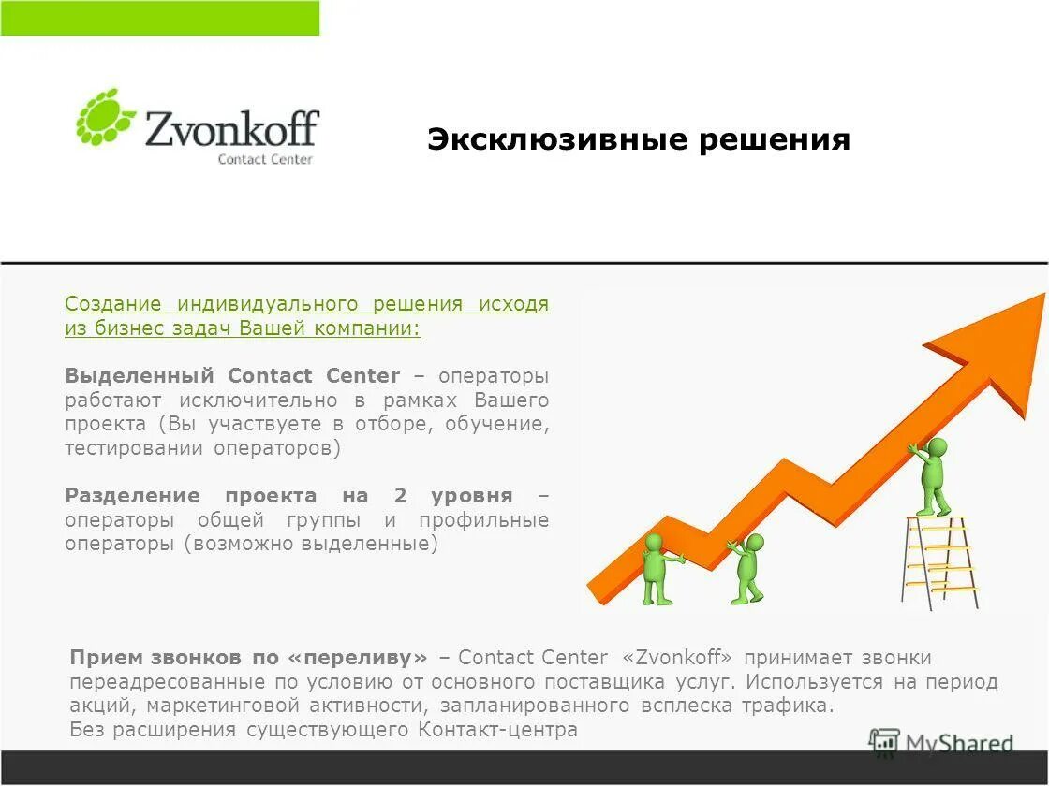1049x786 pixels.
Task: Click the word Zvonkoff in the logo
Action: click(x=231, y=128)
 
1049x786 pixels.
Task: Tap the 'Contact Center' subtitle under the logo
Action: click(x=265, y=159)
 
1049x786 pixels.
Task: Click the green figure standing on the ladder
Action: click(x=931, y=474)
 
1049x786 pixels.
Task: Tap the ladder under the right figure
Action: click(x=939, y=561)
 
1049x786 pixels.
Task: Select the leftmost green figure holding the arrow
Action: click(x=657, y=568)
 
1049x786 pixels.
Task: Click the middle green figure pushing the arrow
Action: click(x=748, y=567)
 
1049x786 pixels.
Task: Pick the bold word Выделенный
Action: click(x=140, y=376)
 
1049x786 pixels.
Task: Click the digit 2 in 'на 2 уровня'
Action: click(x=400, y=496)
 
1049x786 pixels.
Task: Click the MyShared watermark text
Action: click(x=959, y=745)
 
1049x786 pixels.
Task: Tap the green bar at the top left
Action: click(x=159, y=18)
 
